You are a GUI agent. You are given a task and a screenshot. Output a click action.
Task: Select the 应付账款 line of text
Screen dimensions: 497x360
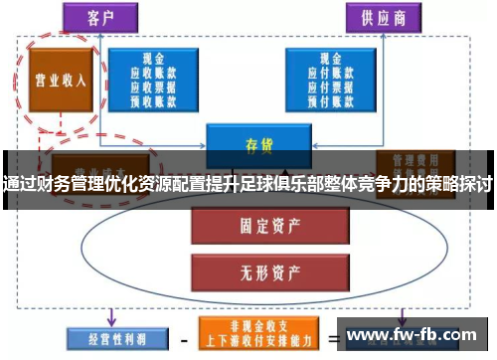pyautogui.click(x=329, y=72)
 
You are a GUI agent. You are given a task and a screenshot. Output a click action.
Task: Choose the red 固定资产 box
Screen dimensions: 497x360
pyautogui.click(x=257, y=226)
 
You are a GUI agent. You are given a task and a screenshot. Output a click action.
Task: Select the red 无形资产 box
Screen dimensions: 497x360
pyautogui.click(x=257, y=268)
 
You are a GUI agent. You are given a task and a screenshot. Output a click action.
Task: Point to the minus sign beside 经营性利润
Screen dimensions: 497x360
pyautogui.click(x=181, y=337)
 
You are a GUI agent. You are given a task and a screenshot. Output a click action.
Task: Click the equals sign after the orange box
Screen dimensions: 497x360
pyautogui.click(x=334, y=337)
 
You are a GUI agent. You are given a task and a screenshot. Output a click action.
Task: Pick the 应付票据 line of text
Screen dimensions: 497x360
pyautogui.click(x=329, y=86)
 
